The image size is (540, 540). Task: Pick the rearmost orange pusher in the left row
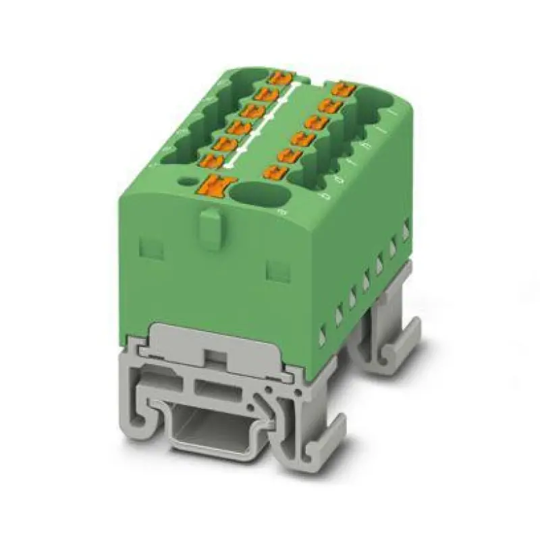pos(277,78)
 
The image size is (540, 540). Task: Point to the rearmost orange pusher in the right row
pos(343,88)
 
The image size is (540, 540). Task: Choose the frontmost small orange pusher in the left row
pos(212,161)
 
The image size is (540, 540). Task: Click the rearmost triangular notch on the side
pos(406,230)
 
